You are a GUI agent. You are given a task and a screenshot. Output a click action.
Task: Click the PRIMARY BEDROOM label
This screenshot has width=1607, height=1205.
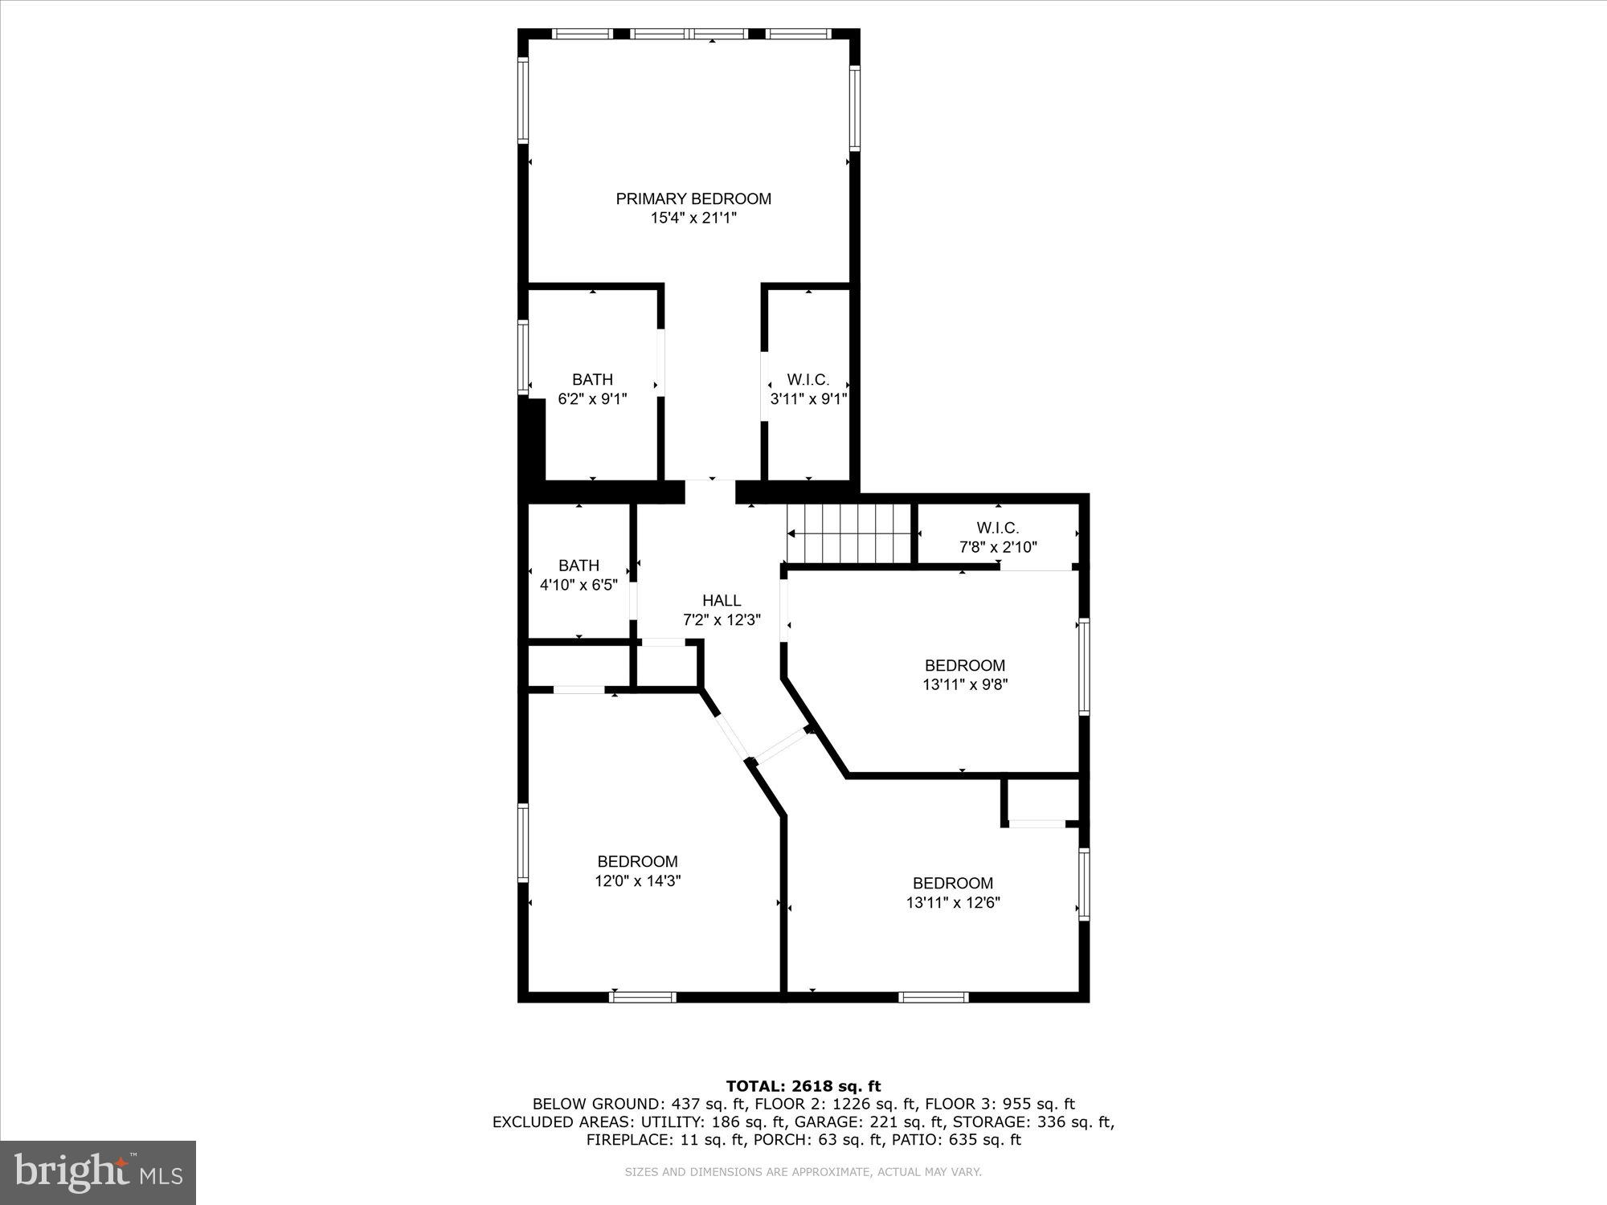coord(693,198)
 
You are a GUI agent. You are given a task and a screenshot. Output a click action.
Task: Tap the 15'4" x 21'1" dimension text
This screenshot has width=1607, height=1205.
coord(693,218)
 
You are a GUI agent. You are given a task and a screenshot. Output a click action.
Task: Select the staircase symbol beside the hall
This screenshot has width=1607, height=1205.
coord(850,533)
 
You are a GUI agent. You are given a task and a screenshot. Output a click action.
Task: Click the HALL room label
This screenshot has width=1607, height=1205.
coord(722,600)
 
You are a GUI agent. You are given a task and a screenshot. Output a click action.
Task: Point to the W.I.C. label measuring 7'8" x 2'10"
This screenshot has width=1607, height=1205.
coord(998,528)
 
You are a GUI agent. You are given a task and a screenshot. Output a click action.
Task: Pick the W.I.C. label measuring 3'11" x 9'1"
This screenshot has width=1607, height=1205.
coord(808,379)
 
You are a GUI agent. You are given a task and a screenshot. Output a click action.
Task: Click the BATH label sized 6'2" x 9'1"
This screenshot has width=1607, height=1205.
coord(592,379)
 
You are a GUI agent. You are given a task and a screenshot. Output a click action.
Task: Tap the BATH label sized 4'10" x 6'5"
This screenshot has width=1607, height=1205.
coord(579,566)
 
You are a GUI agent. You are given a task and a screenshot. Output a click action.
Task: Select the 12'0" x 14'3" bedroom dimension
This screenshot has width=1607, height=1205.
coord(638,880)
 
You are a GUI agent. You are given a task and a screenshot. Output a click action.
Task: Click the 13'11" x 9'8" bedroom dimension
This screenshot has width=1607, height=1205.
coord(964,684)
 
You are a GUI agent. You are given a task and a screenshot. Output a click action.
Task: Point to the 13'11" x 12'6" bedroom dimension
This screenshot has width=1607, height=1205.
coord(953,902)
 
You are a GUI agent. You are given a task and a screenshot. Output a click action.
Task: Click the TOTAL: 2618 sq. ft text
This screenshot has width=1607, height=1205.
coord(803,1086)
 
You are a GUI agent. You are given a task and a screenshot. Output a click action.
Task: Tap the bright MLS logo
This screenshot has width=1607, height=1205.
coord(98,1172)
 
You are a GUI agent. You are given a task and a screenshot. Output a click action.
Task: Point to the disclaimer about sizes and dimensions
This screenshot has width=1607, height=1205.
coord(803,1172)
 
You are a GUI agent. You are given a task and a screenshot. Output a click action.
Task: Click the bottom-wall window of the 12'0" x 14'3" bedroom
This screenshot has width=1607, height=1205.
coord(643,997)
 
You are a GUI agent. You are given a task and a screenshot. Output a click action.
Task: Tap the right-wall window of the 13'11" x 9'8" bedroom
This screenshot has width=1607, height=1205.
coord(1084,666)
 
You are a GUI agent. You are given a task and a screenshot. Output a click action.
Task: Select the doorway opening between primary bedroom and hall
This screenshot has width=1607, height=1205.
coord(710,490)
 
